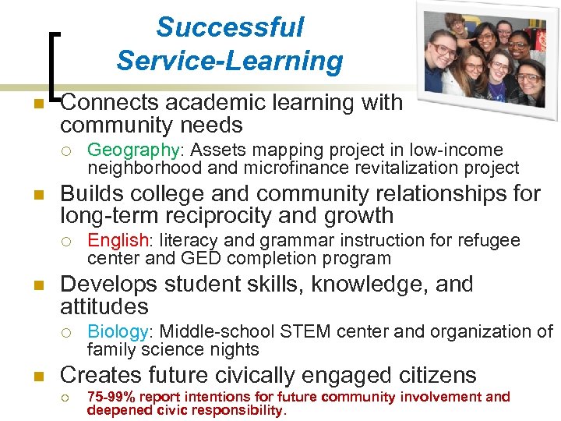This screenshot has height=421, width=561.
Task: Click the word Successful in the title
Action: point(230,27)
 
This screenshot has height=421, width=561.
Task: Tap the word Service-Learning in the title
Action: point(230,60)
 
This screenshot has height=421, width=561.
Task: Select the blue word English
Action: point(118,241)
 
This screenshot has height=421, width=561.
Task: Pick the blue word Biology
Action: point(117,331)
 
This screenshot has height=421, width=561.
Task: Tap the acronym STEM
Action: point(324,331)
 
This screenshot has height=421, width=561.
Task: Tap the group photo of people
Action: point(487,60)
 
